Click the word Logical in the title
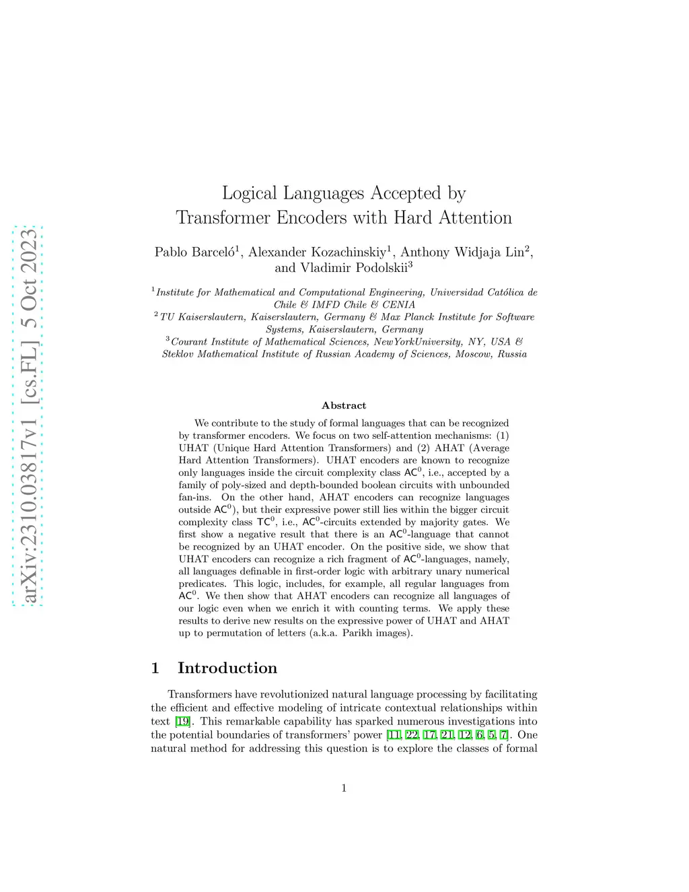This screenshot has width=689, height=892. coord(249,194)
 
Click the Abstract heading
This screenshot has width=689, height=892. coord(344,405)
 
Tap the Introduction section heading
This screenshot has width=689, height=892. coord(227,668)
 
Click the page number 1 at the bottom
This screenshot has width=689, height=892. coord(344,788)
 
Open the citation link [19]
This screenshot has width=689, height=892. coord(182,722)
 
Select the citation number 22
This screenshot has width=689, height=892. coord(412,735)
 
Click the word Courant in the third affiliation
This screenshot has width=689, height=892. coord(189,342)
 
